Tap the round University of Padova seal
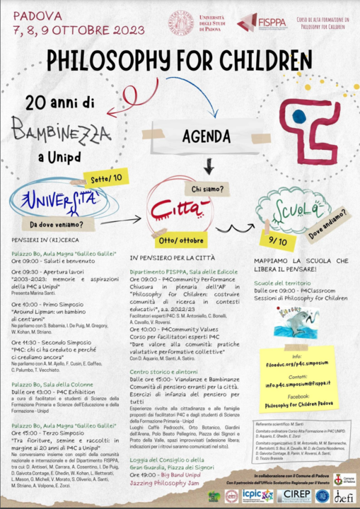180,23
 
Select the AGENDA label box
207,137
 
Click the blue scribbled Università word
57,199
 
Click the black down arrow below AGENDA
209,168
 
